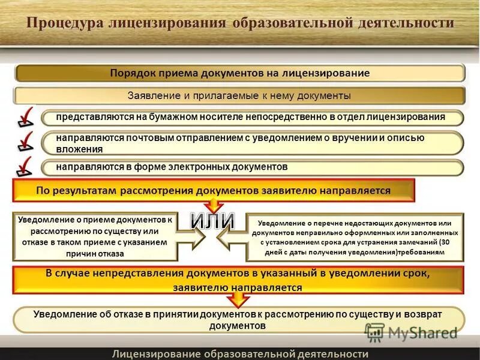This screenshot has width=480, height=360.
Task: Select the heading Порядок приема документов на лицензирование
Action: pos(239,73)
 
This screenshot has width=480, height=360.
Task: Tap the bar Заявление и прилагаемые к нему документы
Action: pos(239,96)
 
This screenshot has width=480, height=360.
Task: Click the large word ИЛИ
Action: pos(212,220)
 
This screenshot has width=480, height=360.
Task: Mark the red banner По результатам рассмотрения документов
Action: pos(213,191)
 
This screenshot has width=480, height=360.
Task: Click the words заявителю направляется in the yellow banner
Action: pos(238,288)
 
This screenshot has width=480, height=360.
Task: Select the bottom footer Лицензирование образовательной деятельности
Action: pos(240,353)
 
